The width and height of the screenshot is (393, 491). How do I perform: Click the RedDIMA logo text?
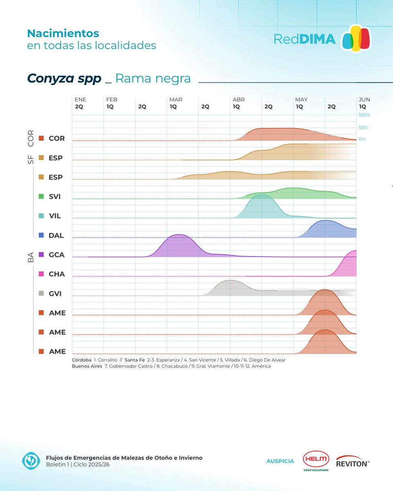[305, 39]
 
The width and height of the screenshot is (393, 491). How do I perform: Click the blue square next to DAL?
[41, 235]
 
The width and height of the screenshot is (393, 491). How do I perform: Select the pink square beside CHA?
[41, 274]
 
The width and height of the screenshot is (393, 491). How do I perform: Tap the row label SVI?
[54, 196]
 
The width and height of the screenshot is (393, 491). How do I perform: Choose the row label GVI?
[54, 293]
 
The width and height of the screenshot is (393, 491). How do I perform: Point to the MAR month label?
[176, 99]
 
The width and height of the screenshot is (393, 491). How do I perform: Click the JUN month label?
[364, 99]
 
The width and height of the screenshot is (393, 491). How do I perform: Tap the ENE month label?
[80, 99]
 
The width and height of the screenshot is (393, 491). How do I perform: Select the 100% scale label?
[364, 115]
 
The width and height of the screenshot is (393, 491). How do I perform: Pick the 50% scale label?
[364, 128]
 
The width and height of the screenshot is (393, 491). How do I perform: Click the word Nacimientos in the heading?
[63, 33]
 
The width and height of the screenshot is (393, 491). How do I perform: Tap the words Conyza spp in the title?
[64, 78]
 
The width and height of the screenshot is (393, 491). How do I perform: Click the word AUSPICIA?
[280, 461]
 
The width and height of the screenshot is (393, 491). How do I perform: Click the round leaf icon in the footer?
[31, 461]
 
